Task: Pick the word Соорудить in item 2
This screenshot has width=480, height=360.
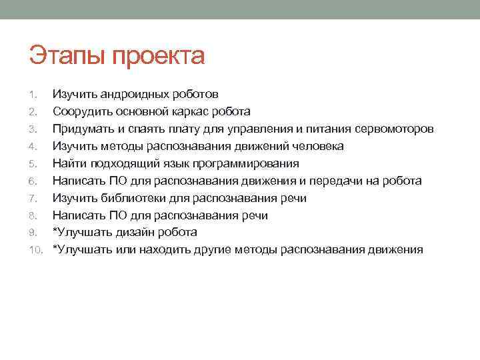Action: (81, 112)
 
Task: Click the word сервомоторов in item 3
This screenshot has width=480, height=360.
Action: (394, 129)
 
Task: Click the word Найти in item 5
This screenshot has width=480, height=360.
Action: (68, 164)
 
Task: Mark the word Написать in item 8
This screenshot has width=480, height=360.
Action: (77, 215)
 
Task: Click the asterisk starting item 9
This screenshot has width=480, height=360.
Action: (55, 231)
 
